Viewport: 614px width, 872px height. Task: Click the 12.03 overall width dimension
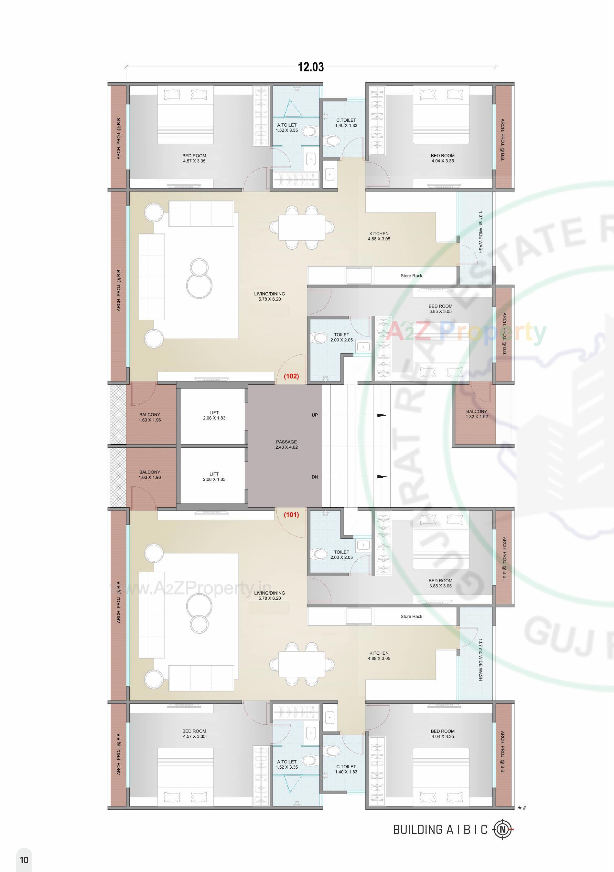tap(311, 67)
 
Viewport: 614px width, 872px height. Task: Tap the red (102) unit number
tap(291, 376)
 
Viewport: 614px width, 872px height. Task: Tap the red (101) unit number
tap(291, 515)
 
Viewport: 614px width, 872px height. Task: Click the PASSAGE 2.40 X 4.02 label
tap(286, 444)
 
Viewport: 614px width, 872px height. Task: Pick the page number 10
tap(24, 859)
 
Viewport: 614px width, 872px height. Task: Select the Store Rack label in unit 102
tap(411, 276)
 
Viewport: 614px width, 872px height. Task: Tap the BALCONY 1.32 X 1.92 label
tap(476, 414)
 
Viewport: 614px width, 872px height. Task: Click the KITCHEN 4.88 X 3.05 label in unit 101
tap(379, 656)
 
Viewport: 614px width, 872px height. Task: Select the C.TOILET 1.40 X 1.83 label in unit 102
tap(346, 123)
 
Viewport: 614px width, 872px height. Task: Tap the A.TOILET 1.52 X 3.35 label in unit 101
tap(287, 764)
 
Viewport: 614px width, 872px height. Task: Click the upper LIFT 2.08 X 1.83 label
tap(214, 415)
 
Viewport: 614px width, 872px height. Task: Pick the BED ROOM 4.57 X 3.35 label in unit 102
tap(194, 158)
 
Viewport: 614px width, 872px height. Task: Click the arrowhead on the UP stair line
tap(382, 415)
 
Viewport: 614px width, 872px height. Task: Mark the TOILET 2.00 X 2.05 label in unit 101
tap(341, 555)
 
